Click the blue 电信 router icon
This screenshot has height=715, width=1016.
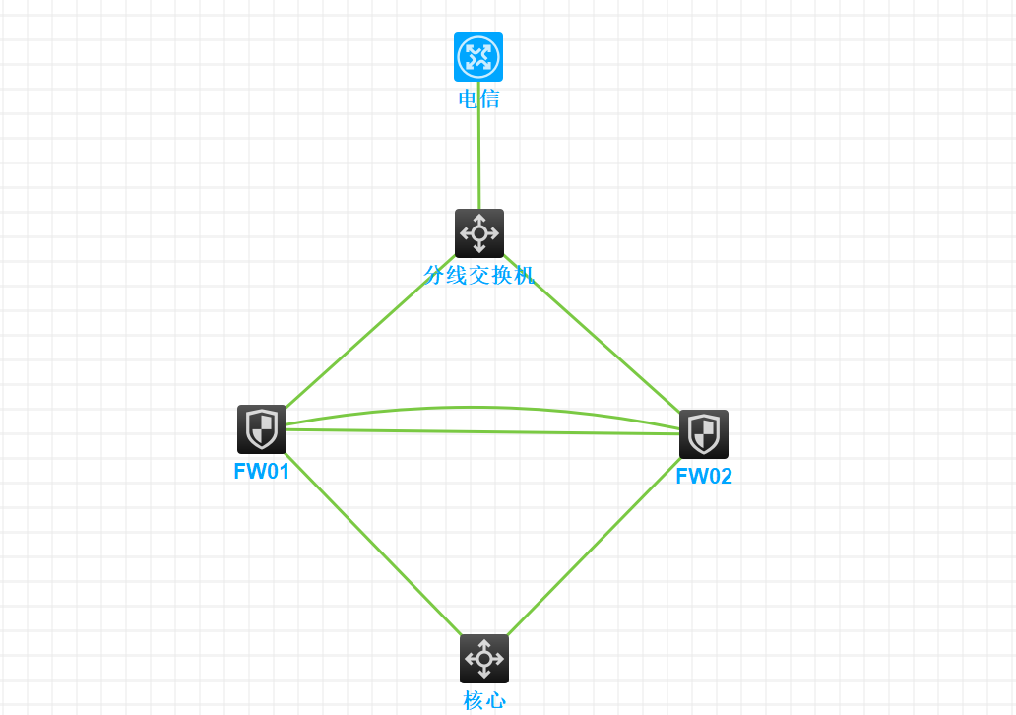pos(478,57)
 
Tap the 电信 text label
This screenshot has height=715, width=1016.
pos(478,98)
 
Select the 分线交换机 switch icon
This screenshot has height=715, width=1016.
pos(479,233)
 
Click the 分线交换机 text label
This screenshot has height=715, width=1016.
pos(479,275)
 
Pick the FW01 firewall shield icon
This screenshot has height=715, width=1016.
pos(262,429)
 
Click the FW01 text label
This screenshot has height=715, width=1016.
pos(262,471)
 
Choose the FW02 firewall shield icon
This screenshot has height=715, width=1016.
pos(704,434)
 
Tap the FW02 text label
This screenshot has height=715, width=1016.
pos(704,477)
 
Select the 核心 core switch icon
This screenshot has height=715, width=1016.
pos(484,659)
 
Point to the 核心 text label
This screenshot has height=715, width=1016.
pos(484,700)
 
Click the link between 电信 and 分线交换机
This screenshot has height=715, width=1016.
pos(478,158)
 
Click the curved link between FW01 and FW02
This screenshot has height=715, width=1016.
pos(473,407)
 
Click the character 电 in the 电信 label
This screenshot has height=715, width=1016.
pos(469,98)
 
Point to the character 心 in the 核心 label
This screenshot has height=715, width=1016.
pos(495,700)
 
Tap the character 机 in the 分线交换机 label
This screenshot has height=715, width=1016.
pos(524,275)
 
